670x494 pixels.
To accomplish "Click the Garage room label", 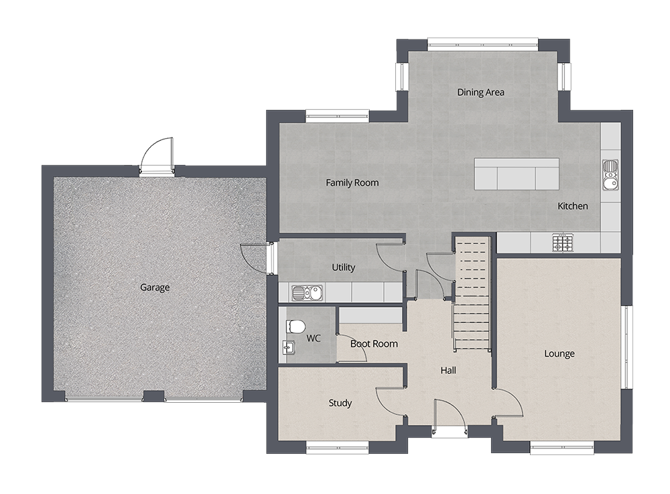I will click(x=155, y=288).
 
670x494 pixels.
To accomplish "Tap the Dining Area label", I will click(x=480, y=92).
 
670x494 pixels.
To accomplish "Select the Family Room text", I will click(x=352, y=182).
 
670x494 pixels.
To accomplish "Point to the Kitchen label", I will click(x=573, y=206).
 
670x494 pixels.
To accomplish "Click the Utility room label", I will click(x=343, y=267).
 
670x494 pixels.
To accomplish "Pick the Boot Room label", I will click(x=375, y=344).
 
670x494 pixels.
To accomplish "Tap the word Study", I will click(x=340, y=403).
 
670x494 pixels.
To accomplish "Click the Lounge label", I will click(x=559, y=354).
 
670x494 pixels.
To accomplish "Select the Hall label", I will click(x=448, y=370).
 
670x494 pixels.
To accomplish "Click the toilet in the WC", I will click(x=295, y=326).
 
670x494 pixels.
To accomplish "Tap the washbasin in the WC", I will click(x=287, y=347).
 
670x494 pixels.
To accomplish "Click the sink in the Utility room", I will click(x=306, y=292).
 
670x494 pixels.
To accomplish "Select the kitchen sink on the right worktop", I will click(x=610, y=175).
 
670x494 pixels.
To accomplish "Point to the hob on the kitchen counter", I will click(x=562, y=242).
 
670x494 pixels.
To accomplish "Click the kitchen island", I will click(x=517, y=174).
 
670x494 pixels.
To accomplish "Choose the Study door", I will click(x=389, y=402).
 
